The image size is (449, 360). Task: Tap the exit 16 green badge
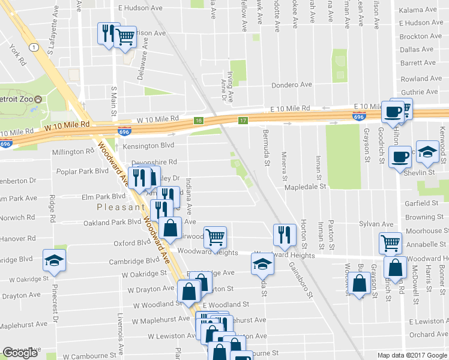[199, 121]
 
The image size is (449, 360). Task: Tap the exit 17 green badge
[243, 121]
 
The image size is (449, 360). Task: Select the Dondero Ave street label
[292, 85]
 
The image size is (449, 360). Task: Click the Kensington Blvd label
[148, 146]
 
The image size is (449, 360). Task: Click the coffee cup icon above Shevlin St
[400, 157]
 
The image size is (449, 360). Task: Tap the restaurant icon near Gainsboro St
[283, 234]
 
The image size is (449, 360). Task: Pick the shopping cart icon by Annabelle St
[391, 243]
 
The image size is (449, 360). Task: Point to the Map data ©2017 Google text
[412, 355]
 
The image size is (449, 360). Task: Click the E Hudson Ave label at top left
[140, 8]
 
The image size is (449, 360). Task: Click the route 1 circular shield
[35, 47]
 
